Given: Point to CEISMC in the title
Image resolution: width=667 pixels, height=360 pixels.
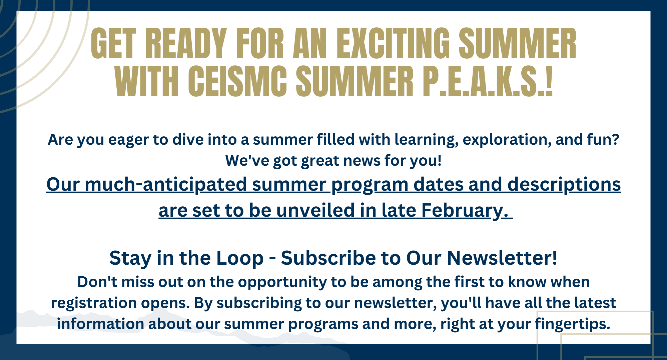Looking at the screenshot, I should coord(237,81).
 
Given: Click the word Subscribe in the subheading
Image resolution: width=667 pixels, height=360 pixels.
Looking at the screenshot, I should coord(328,258).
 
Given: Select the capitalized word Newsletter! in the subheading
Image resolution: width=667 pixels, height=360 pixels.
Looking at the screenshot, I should coord(502,258).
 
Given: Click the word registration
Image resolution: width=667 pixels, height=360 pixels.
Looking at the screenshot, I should coord(94,303).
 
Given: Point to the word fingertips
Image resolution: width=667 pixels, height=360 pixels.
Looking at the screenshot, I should coord(573,324).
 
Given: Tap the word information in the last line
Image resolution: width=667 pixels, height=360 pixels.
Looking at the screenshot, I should coord(100,324).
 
